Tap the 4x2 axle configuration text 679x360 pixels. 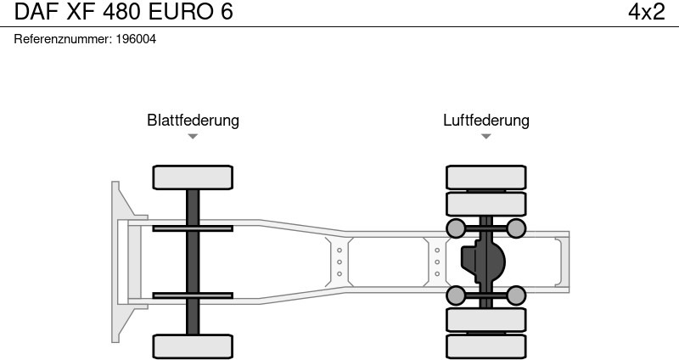click(646, 12)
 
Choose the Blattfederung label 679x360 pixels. click(193, 120)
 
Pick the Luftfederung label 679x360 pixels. click(485, 120)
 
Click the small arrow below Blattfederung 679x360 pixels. click(193, 136)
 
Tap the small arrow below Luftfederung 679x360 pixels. click(485, 136)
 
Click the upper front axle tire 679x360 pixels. click(193, 177)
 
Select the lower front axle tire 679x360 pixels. click(193, 346)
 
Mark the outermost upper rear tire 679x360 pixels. click(485, 177)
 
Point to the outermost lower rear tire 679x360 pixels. click(485, 346)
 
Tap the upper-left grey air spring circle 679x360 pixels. click(456, 228)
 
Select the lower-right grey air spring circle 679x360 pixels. click(516, 295)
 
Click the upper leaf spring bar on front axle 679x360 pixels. click(193, 228)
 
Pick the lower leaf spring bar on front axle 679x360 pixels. click(193, 295)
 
